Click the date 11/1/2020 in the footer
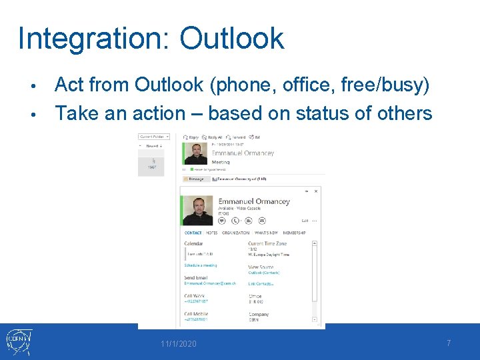click(x=179, y=343)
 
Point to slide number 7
click(x=449, y=343)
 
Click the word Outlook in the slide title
click(x=231, y=39)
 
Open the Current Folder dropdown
click(x=154, y=137)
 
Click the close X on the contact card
click(x=316, y=191)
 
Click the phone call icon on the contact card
click(x=235, y=220)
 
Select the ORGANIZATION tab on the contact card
click(x=235, y=233)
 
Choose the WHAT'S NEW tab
click(x=266, y=233)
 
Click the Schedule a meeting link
click(x=201, y=265)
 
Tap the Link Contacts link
click(x=261, y=284)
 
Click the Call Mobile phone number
click(x=196, y=320)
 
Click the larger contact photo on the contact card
click(x=198, y=211)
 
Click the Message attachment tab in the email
click(x=195, y=179)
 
